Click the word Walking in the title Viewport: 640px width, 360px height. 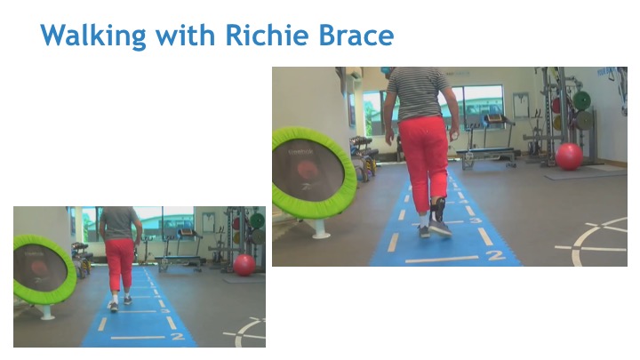(93, 36)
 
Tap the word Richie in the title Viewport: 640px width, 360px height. (267, 35)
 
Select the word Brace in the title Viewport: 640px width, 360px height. (356, 35)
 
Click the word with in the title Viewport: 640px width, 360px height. (186, 35)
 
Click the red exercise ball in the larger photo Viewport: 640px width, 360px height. (569, 156)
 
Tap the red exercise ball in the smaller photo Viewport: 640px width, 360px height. (244, 265)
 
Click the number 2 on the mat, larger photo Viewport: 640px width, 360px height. (496, 255)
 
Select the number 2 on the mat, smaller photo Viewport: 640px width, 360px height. (178, 336)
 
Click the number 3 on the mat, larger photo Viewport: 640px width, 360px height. (475, 220)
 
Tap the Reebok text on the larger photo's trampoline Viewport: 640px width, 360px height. (300, 152)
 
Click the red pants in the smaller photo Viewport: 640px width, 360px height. (120, 264)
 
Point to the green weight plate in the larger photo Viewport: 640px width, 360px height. (581, 100)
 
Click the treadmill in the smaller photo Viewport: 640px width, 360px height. (180, 250)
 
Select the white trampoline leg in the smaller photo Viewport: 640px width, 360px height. (46, 312)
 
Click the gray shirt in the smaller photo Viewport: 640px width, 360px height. (119, 224)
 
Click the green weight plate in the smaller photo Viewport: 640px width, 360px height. (257, 220)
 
